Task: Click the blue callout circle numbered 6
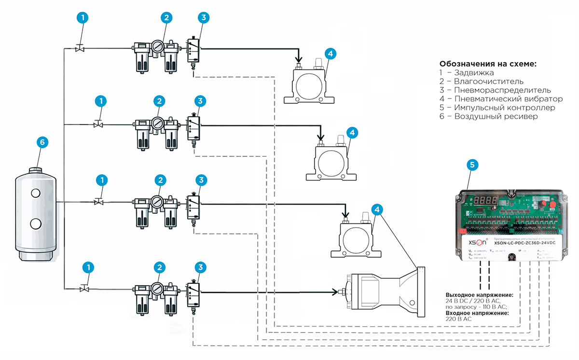click(x=42, y=142)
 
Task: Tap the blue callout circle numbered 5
click(x=473, y=165)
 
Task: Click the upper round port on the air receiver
click(x=36, y=193)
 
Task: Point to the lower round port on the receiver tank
click(x=36, y=223)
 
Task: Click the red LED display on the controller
click(x=486, y=200)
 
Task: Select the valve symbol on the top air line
click(x=80, y=48)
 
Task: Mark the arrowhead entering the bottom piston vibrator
click(x=334, y=292)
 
